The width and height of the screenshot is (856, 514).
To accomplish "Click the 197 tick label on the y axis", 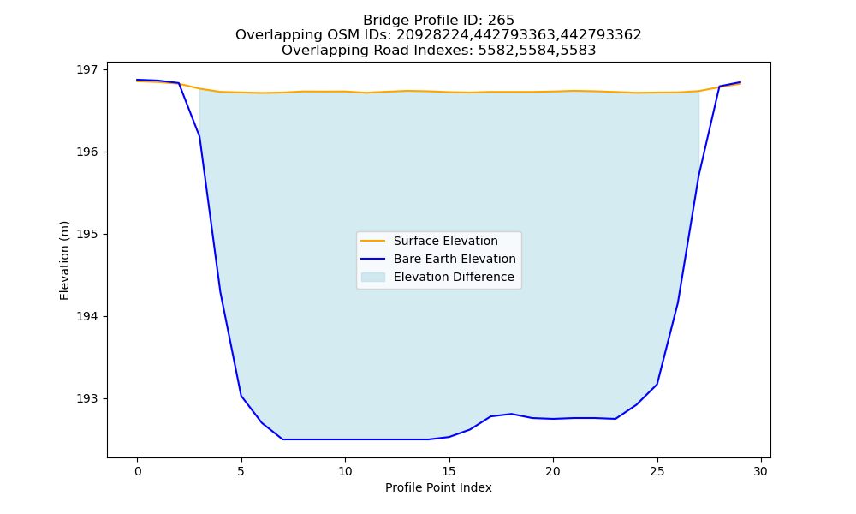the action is pos(86,70).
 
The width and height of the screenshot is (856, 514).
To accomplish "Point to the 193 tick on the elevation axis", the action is pos(86,398).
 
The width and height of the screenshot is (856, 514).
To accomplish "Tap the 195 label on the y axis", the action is pos(86,235).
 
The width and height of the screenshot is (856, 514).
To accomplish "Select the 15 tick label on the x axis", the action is pos(449,471).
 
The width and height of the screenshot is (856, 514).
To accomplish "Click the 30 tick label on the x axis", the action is pos(760,471).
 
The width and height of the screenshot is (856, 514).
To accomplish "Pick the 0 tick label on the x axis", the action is pos(138,471).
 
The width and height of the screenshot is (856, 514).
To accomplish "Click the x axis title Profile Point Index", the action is pos(438,487).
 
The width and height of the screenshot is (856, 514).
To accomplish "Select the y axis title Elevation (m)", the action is pos(64,260).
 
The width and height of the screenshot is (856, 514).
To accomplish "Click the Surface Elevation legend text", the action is pos(445,241).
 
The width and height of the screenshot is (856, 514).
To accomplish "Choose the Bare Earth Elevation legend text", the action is pos(455,259).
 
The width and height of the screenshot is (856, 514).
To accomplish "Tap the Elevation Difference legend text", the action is pos(454,277).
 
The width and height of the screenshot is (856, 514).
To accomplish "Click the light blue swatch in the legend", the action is pos(373,277).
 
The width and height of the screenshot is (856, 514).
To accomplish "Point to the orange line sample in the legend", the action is pos(373,241).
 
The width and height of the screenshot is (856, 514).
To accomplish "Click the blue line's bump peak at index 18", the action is pos(512,414).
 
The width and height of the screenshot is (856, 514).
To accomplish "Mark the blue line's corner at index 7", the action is pos(282,439).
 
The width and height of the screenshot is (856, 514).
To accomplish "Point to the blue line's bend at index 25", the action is pos(657,385).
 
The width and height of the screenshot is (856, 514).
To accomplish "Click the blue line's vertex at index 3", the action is pos(199,136).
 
